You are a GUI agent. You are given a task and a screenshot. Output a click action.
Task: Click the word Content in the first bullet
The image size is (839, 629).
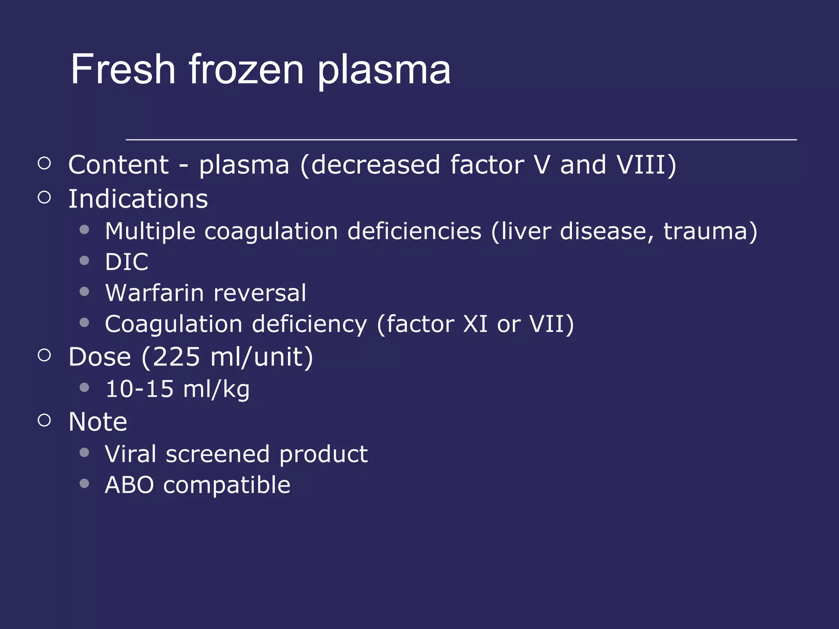click(x=118, y=165)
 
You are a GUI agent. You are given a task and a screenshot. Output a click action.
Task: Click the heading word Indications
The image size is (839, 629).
click(x=138, y=199)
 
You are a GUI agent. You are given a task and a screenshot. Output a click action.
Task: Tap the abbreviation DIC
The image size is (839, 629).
click(x=127, y=262)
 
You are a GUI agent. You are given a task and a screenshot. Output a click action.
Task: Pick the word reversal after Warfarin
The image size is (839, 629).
click(x=260, y=293)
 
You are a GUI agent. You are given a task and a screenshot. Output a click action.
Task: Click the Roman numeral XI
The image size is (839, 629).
click(x=475, y=324)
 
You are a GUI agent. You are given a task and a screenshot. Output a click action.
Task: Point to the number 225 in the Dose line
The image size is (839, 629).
click(x=176, y=357)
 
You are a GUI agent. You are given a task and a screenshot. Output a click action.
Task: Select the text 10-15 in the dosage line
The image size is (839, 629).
click(x=139, y=389)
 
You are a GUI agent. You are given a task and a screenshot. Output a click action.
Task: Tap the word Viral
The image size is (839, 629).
click(x=131, y=454)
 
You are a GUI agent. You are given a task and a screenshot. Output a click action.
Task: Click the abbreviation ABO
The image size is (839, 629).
click(x=129, y=485)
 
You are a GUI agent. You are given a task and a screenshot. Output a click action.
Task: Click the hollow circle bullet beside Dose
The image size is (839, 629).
click(x=44, y=355)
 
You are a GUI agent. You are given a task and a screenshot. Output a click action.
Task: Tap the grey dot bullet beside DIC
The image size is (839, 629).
click(x=84, y=260)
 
